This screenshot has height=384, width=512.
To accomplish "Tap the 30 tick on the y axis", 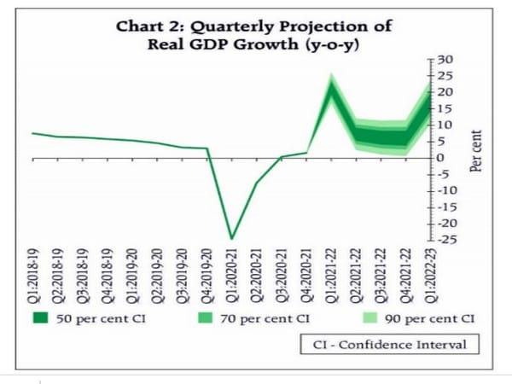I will [x=445, y=59].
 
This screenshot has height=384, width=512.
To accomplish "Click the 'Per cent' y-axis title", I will [x=477, y=151].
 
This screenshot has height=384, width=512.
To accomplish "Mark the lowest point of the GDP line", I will [x=231, y=238].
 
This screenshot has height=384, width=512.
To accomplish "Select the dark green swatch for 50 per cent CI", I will [x=40, y=320].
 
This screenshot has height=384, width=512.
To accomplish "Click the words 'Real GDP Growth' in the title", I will [x=229, y=44].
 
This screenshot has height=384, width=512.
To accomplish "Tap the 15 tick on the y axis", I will [x=445, y=108].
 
